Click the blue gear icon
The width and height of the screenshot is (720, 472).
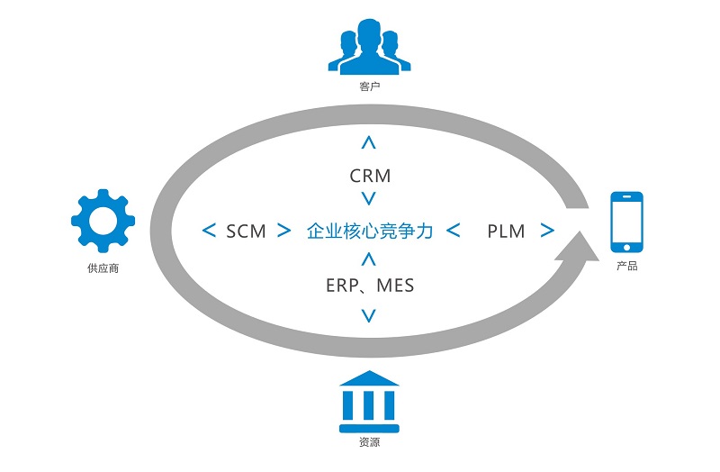click(x=103, y=220)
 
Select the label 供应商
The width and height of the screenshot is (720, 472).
click(x=103, y=268)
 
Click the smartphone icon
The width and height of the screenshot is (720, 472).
click(x=626, y=222)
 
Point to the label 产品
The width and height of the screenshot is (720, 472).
click(x=627, y=268)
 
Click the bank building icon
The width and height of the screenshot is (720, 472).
click(x=369, y=399)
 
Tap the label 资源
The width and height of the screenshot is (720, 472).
click(x=369, y=443)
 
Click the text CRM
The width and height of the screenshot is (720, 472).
click(x=370, y=176)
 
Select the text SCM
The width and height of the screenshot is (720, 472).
click(x=246, y=231)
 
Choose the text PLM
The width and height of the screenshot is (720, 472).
click(x=506, y=231)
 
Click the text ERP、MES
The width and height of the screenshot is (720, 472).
click(x=370, y=286)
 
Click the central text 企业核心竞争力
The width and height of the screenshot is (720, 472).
click(x=370, y=231)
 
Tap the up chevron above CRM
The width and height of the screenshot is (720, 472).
click(x=368, y=141)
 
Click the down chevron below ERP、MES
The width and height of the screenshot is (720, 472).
click(x=368, y=315)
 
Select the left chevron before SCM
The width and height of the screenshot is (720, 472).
click(x=209, y=231)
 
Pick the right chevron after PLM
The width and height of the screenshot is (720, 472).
click(x=546, y=231)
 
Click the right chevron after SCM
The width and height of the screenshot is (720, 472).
click(x=284, y=231)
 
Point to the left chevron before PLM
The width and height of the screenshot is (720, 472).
click(x=454, y=231)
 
